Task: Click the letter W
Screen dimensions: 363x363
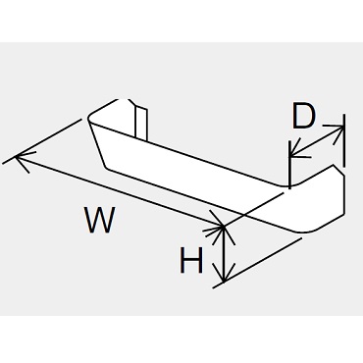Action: point(100,219)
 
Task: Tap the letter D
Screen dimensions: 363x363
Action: point(303,116)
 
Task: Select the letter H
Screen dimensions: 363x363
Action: point(191,260)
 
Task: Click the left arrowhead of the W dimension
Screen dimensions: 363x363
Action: point(22,159)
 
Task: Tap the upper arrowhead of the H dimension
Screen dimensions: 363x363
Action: point(224,233)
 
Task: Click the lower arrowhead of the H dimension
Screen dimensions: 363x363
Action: point(224,273)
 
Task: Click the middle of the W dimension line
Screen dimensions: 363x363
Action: point(120,191)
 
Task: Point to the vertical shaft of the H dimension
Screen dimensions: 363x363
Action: point(224,253)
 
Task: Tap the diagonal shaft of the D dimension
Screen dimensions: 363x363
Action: point(317,141)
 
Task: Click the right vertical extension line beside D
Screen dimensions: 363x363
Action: point(343,140)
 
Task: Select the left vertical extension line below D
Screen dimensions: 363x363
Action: point(289,165)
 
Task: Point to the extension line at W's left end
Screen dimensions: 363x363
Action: point(41,141)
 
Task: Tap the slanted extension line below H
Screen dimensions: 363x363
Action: point(257,263)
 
